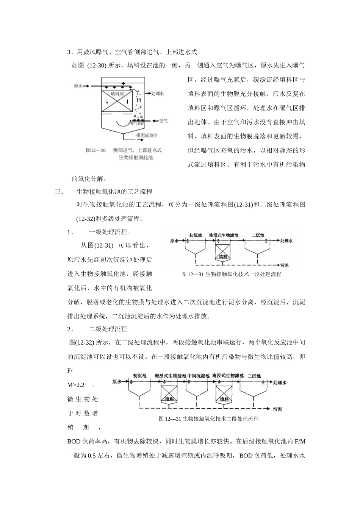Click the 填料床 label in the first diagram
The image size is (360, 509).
tap(118, 93)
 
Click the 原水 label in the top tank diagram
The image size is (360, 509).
tap(78, 86)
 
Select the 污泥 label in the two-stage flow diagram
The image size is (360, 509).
tap(277, 409)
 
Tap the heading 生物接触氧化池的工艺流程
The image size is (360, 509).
tap(114, 192)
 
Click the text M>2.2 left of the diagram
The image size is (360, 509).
tap(76, 385)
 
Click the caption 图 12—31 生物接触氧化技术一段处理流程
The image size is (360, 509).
tap(231, 274)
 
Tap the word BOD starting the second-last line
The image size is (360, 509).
tap(74, 441)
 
